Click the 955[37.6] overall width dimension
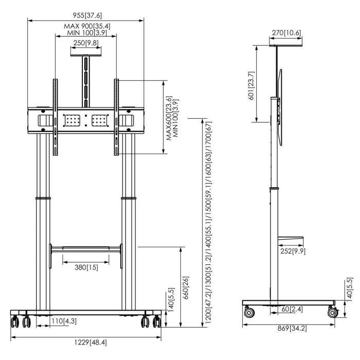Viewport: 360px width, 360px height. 87,15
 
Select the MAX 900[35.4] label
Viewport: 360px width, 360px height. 87,26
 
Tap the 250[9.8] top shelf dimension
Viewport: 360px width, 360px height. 86,43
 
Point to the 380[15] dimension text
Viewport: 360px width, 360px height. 86,267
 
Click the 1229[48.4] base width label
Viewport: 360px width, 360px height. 91,343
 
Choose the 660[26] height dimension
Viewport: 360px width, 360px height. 186,288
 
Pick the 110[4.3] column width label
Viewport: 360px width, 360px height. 64,321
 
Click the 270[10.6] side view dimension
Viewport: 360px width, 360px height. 286,33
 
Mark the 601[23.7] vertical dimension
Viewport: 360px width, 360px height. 251,86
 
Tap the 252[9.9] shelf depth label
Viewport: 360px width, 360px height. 293,251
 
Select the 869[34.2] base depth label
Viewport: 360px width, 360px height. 292,328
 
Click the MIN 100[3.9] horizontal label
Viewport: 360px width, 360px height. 87,32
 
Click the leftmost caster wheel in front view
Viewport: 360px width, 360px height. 15,321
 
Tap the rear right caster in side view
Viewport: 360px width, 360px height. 332,312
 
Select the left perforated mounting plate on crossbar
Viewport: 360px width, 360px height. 73,120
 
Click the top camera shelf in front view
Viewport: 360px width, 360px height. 86,56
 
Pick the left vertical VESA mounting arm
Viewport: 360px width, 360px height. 56,117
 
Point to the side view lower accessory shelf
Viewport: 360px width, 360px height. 291,239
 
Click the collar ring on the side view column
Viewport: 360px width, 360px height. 274,189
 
